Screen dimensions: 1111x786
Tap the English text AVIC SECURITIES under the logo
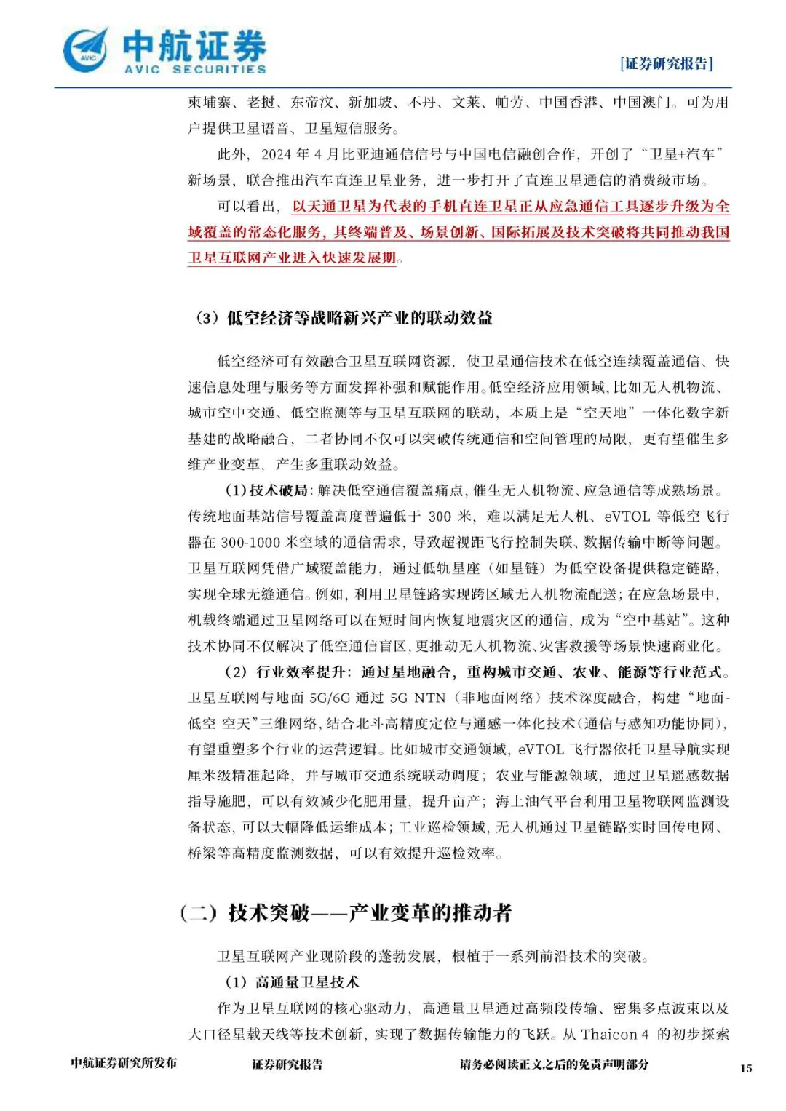click(x=195, y=70)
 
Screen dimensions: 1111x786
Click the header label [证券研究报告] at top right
click(x=666, y=64)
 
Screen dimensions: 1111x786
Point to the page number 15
click(x=746, y=1068)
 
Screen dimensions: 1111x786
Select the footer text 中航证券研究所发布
click(x=124, y=1063)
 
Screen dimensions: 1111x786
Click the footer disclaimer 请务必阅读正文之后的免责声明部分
click(x=554, y=1064)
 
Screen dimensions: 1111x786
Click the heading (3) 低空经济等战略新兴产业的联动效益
click(x=344, y=318)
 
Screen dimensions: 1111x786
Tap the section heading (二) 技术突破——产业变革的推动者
click(x=346, y=912)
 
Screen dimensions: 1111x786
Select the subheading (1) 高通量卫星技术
click(x=293, y=982)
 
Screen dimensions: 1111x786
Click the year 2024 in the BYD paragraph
click(x=276, y=154)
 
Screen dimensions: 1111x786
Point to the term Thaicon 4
click(x=615, y=1034)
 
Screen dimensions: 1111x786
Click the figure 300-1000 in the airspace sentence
click(x=255, y=543)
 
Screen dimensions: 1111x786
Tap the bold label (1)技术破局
click(x=267, y=491)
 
